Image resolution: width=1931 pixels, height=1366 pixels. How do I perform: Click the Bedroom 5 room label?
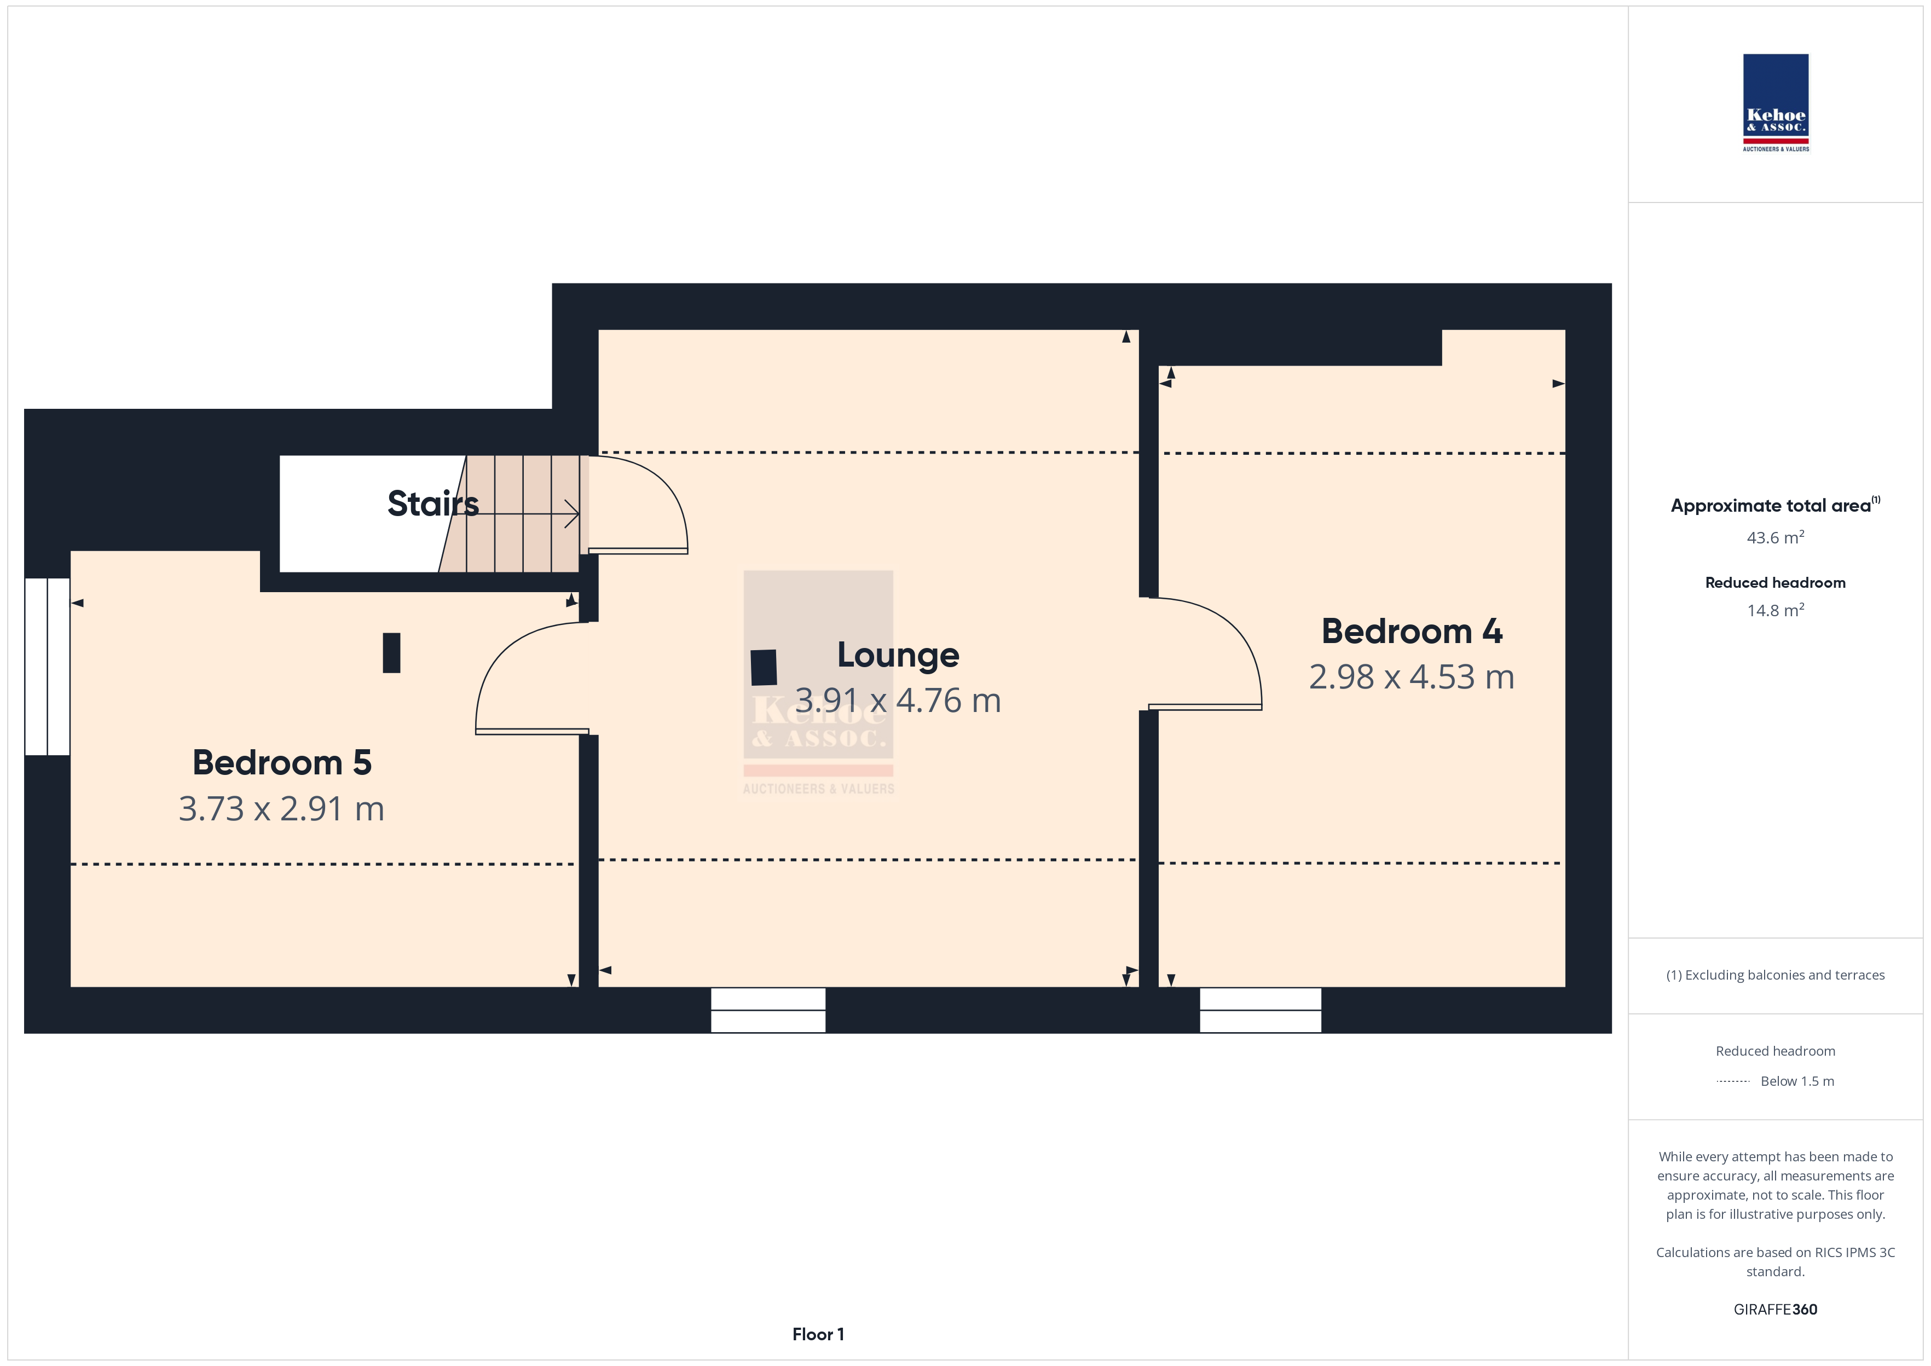tap(282, 763)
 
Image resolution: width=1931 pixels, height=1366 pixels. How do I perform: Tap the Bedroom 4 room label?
tap(1411, 632)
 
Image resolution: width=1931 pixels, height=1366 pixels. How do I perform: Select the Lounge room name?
tap(898, 655)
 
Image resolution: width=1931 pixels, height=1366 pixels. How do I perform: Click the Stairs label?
tap(433, 504)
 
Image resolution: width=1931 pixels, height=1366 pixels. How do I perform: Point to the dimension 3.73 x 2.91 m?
tap(282, 809)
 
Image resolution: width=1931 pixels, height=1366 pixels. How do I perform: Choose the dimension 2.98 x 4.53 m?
tap(1411, 677)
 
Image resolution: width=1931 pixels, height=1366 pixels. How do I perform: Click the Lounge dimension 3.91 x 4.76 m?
tap(898, 701)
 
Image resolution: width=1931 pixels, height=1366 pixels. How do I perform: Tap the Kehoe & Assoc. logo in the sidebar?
tap(1776, 103)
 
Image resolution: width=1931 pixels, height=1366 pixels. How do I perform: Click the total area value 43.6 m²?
tap(1776, 537)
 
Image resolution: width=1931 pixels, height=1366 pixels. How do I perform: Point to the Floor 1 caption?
tap(818, 1334)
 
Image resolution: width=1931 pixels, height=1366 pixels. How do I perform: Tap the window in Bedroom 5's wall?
tap(47, 666)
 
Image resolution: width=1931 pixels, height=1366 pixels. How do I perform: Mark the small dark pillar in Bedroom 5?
tap(391, 653)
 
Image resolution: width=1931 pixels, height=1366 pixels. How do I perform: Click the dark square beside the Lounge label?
tap(764, 668)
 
